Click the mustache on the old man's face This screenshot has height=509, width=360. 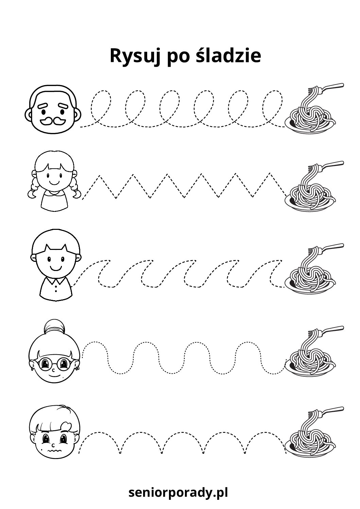(x=53, y=121)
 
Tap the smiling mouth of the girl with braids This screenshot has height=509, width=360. (x=54, y=182)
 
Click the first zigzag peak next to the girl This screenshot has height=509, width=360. (x=99, y=176)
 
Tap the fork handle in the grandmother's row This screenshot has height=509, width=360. (x=332, y=328)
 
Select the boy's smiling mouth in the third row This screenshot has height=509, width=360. (x=55, y=268)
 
